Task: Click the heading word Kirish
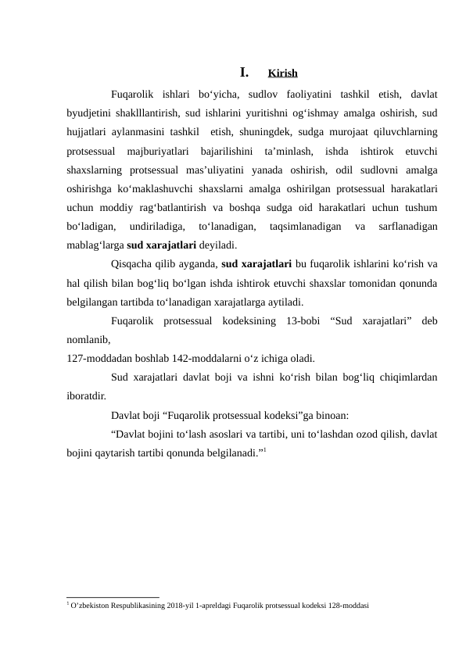point(281,74)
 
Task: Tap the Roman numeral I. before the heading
point(243,73)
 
